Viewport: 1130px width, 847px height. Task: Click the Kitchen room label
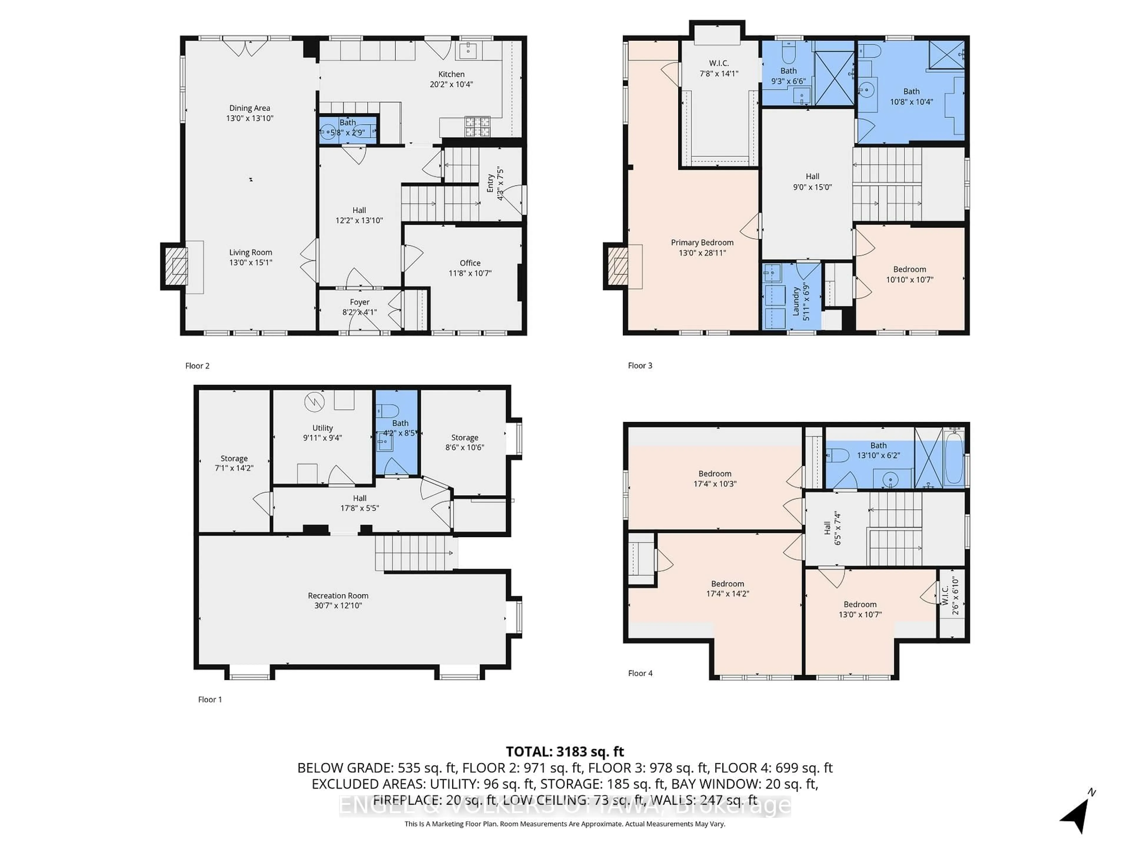coord(451,74)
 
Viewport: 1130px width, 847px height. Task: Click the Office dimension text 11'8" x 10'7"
coord(469,274)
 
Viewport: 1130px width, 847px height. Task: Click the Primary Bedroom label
coord(702,243)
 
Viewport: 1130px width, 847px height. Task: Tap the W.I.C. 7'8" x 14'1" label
coord(719,69)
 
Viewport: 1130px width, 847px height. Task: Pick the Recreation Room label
coord(338,596)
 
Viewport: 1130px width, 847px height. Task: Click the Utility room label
coord(322,428)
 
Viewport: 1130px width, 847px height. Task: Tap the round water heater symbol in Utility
coord(314,402)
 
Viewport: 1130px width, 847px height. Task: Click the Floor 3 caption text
coord(639,366)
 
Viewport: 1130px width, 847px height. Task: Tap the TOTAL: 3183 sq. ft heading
coord(564,751)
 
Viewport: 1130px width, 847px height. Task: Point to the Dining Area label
coord(249,108)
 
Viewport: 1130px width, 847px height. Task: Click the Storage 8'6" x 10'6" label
coord(464,438)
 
